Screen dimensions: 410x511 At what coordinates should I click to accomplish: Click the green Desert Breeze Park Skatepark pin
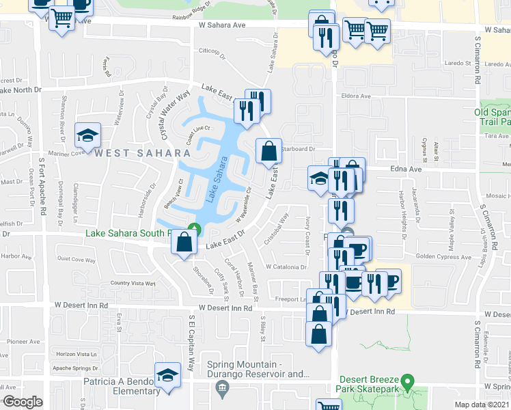click(x=408, y=381)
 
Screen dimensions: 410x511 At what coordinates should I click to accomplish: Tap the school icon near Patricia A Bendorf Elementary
click(x=167, y=375)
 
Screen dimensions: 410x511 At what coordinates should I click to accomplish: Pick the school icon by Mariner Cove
click(x=88, y=134)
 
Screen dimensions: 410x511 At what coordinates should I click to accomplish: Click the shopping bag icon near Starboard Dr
click(x=268, y=150)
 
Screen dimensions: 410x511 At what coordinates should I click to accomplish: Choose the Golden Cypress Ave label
click(x=444, y=257)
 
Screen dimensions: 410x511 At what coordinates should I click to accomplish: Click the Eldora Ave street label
click(x=355, y=96)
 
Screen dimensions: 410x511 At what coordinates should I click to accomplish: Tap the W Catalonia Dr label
click(x=287, y=266)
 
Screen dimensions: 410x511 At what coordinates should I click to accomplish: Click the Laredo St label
click(x=494, y=64)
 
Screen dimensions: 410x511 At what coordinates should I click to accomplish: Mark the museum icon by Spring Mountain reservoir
click(x=221, y=389)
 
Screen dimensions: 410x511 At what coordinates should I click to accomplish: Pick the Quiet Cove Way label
click(x=76, y=260)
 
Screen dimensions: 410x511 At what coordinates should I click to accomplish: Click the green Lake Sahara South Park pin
click(x=195, y=230)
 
